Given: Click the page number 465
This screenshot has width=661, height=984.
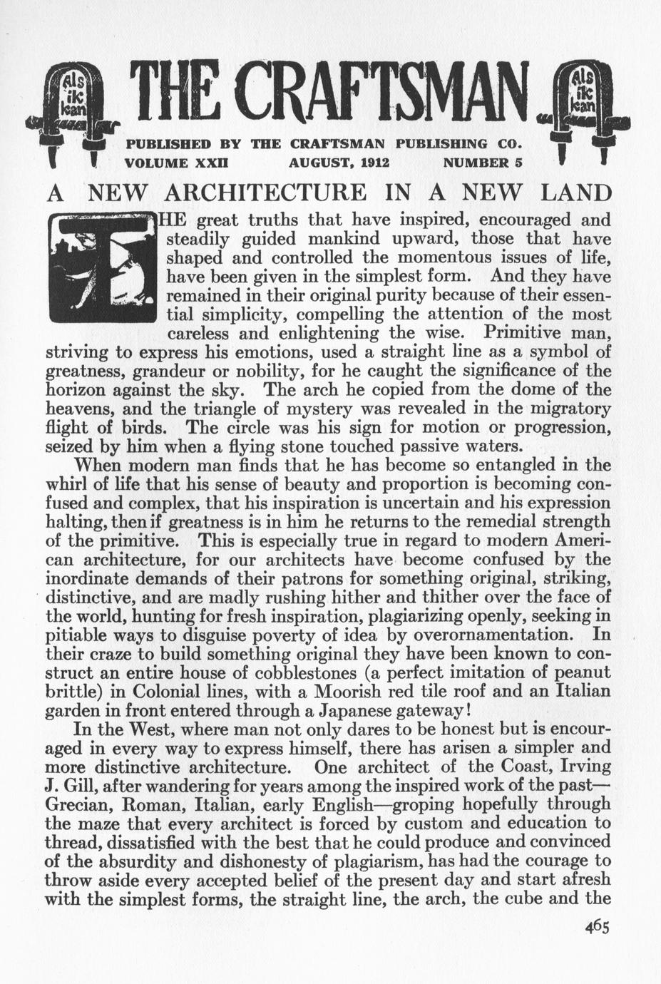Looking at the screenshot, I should click(596, 926).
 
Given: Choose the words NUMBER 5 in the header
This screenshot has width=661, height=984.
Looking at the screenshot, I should click(483, 162).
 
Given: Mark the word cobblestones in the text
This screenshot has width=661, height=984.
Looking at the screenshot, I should click(323, 672).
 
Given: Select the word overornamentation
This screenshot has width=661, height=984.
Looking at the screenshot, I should click(493, 634).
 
